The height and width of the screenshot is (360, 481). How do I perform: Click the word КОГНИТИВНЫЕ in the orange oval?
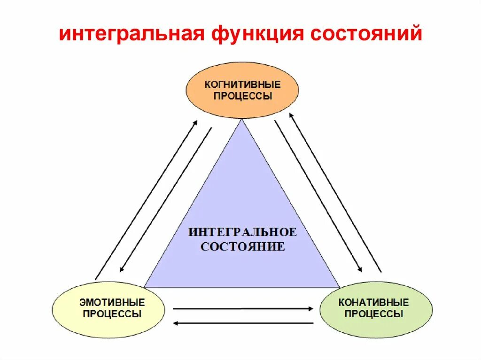[x=242, y=85]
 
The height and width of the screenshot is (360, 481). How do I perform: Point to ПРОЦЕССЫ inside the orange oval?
[x=242, y=96]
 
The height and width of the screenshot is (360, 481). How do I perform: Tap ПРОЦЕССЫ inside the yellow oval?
[x=112, y=314]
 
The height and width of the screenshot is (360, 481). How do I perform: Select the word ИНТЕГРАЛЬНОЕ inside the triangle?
[x=242, y=232]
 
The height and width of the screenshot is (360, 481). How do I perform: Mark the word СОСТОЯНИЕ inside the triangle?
[x=242, y=247]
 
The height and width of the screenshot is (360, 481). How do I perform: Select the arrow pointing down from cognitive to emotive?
[x=166, y=199]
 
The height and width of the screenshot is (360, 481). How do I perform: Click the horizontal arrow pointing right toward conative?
[x=242, y=308]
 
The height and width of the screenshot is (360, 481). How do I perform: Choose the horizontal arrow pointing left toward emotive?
[x=242, y=323]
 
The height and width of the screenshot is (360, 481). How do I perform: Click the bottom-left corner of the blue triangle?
[x=145, y=287]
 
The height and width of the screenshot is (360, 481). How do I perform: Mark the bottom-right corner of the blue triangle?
[x=339, y=287]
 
